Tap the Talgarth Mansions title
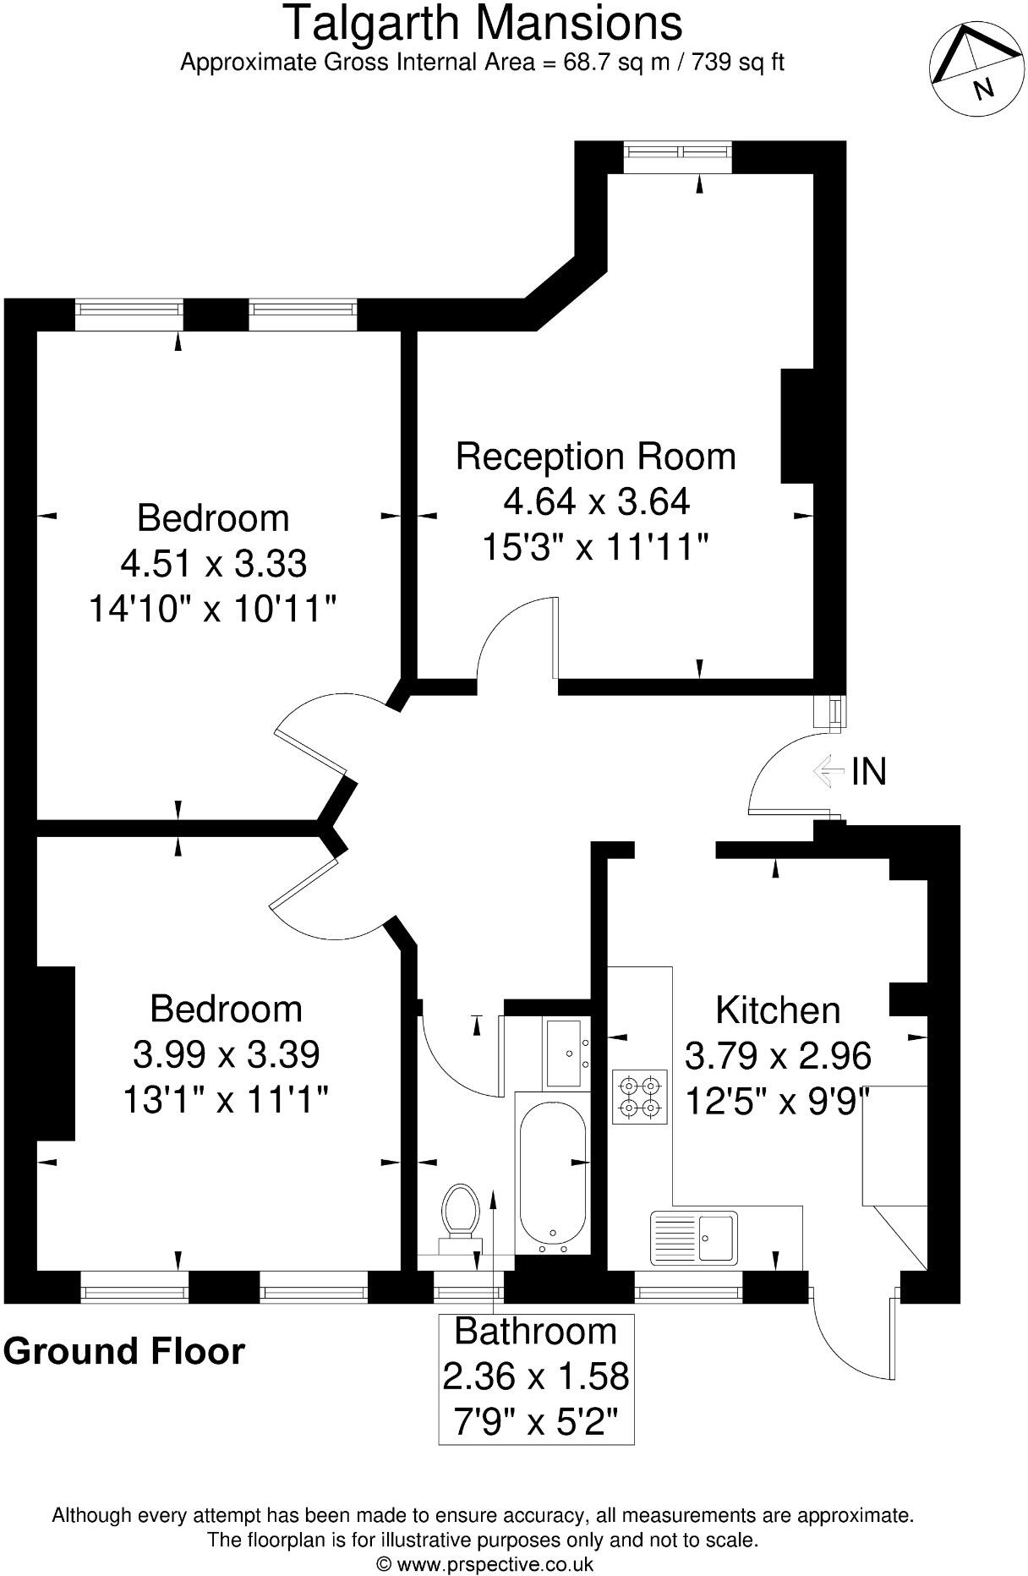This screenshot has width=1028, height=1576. click(483, 24)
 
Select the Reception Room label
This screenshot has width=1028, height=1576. click(595, 457)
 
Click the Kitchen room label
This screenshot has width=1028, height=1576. click(778, 1010)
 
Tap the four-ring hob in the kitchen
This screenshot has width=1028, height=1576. click(639, 1097)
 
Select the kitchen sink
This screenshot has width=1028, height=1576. click(694, 1238)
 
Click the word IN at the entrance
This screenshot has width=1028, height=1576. click(868, 771)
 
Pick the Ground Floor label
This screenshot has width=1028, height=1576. click(124, 1351)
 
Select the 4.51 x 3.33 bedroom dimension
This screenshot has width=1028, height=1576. click(213, 563)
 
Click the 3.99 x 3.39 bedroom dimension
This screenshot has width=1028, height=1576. click(226, 1054)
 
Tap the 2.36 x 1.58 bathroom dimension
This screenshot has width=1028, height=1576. click(536, 1376)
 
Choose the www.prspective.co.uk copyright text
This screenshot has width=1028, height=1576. click(484, 1564)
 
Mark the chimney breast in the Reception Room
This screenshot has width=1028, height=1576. click(796, 425)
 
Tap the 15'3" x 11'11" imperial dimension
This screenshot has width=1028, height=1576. click(594, 548)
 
